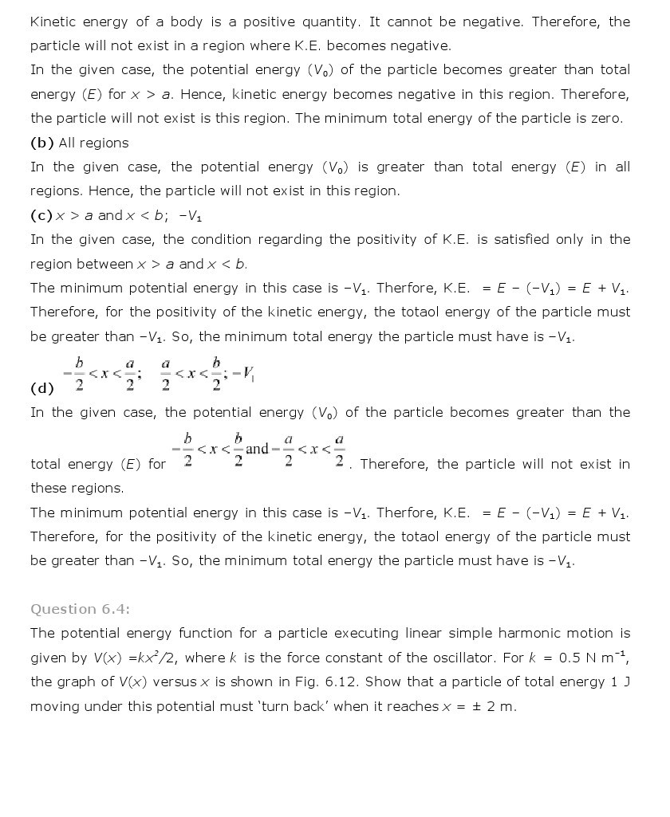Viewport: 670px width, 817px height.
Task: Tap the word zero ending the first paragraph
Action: tap(605, 118)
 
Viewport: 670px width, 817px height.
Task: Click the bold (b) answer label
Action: tap(41, 143)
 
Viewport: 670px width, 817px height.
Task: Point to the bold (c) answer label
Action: tap(41, 215)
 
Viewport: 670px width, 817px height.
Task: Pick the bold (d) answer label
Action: tap(41, 388)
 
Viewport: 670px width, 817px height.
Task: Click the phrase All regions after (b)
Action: tap(93, 143)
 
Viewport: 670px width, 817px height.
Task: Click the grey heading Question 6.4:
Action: tap(80, 609)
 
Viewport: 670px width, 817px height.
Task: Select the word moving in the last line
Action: tap(55, 706)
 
